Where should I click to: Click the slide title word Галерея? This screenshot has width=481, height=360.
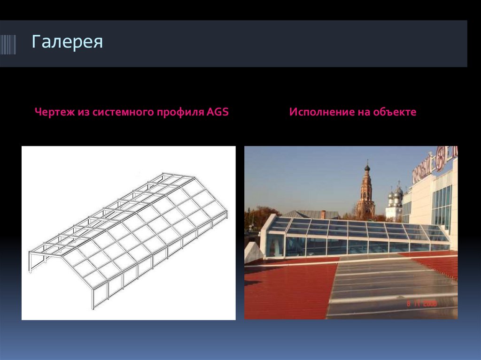pyautogui.click(x=67, y=42)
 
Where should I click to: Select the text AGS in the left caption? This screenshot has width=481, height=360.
pyautogui.click(x=217, y=113)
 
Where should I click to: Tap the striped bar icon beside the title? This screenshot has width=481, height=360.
pyautogui.click(x=8, y=45)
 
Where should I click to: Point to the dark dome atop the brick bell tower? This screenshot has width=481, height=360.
pyautogui.click(x=367, y=167)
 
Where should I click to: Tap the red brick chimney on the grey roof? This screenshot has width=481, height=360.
pyautogui.click(x=323, y=214)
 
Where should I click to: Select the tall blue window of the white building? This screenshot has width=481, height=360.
pyautogui.click(x=442, y=207)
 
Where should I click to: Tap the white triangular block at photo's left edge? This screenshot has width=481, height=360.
pyautogui.click(x=252, y=253)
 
